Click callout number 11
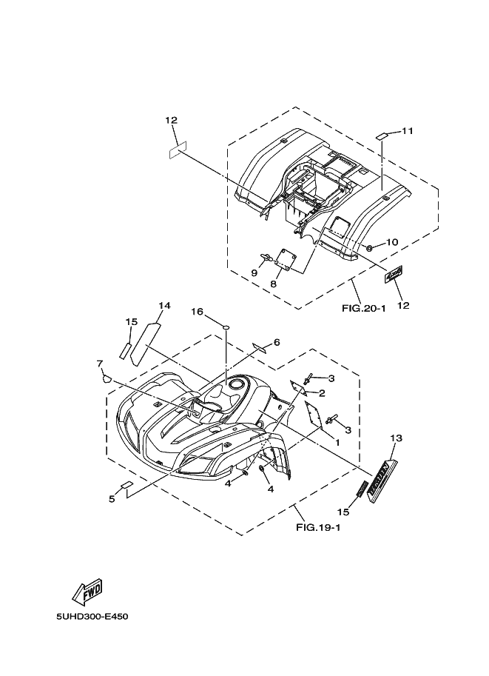click(408, 131)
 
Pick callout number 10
click(392, 241)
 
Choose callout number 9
click(254, 272)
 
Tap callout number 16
click(198, 312)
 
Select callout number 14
click(164, 305)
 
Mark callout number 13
click(396, 438)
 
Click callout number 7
click(99, 363)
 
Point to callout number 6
click(277, 342)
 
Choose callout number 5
click(112, 499)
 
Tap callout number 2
click(323, 392)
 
